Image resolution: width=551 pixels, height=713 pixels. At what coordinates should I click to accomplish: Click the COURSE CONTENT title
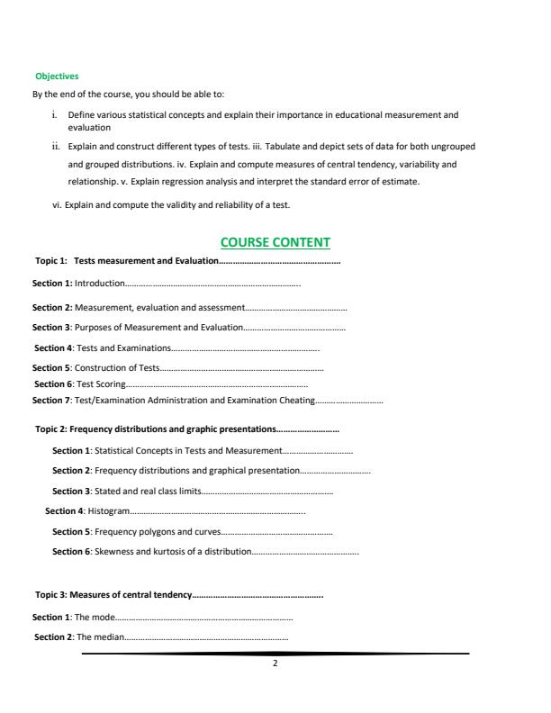(275, 242)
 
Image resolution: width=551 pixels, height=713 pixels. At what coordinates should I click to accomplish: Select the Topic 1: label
(51, 261)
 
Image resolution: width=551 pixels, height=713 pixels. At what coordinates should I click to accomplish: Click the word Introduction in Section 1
(100, 284)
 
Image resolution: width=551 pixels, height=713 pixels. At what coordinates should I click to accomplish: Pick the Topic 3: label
(51, 595)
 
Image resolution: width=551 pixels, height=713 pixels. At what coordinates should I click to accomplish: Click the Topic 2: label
(51, 429)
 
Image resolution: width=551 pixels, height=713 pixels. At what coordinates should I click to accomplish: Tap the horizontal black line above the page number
(275, 653)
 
